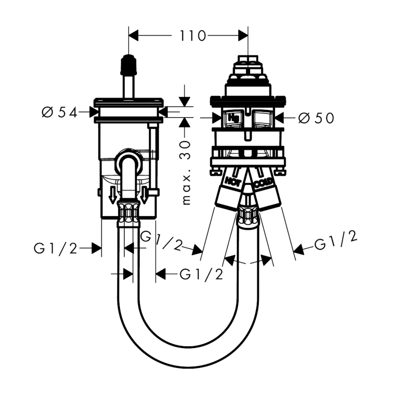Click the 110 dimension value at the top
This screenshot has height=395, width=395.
[192, 36]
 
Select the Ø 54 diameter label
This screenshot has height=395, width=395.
[59, 113]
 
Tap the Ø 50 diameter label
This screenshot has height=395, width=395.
[316, 118]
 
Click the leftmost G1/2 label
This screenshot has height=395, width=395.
[56, 248]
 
